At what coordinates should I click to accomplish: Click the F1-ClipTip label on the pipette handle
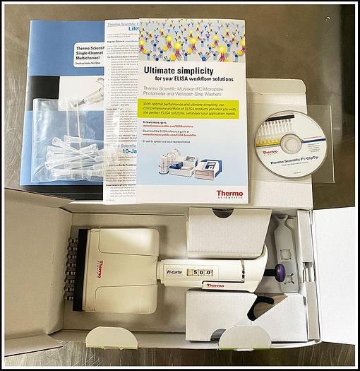pyautogui.click(x=175, y=271)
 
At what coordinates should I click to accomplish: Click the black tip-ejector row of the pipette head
pyautogui.click(x=71, y=268)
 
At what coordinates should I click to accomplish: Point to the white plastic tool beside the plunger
pyautogui.click(x=283, y=241)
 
